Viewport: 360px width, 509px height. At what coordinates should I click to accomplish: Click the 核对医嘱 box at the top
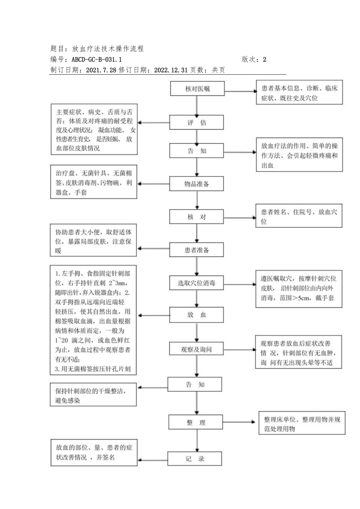click(197, 89)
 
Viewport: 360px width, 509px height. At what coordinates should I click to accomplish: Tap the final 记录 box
click(195, 459)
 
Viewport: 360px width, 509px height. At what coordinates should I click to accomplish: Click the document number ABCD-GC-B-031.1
click(97, 59)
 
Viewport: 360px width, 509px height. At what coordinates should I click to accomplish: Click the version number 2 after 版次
click(265, 59)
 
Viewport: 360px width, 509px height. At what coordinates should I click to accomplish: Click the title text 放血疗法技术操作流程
click(108, 49)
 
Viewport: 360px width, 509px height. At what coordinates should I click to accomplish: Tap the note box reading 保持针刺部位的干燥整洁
click(94, 394)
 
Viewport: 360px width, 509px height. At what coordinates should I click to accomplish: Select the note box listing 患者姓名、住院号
click(299, 216)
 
